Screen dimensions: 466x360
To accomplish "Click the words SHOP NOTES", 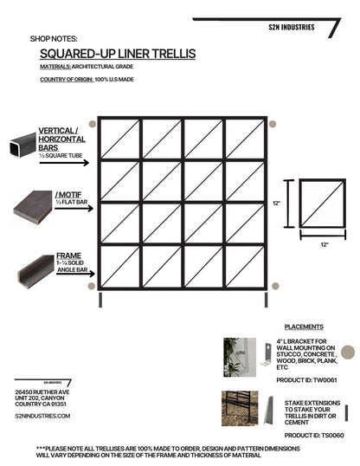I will pyautogui.click(x=54, y=39).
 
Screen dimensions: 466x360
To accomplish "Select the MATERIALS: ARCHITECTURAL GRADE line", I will pyautogui.click(x=83, y=66).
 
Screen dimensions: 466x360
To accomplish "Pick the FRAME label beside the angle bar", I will pyautogui.click(x=68, y=256).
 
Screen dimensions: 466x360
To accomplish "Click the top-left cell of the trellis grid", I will pyautogui.click(x=119, y=139).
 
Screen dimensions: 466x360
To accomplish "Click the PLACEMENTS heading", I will pyautogui.click(x=303, y=327).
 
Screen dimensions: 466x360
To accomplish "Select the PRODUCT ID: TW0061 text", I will pyautogui.click(x=305, y=380).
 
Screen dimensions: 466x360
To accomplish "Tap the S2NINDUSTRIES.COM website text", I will pyautogui.click(x=42, y=416).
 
